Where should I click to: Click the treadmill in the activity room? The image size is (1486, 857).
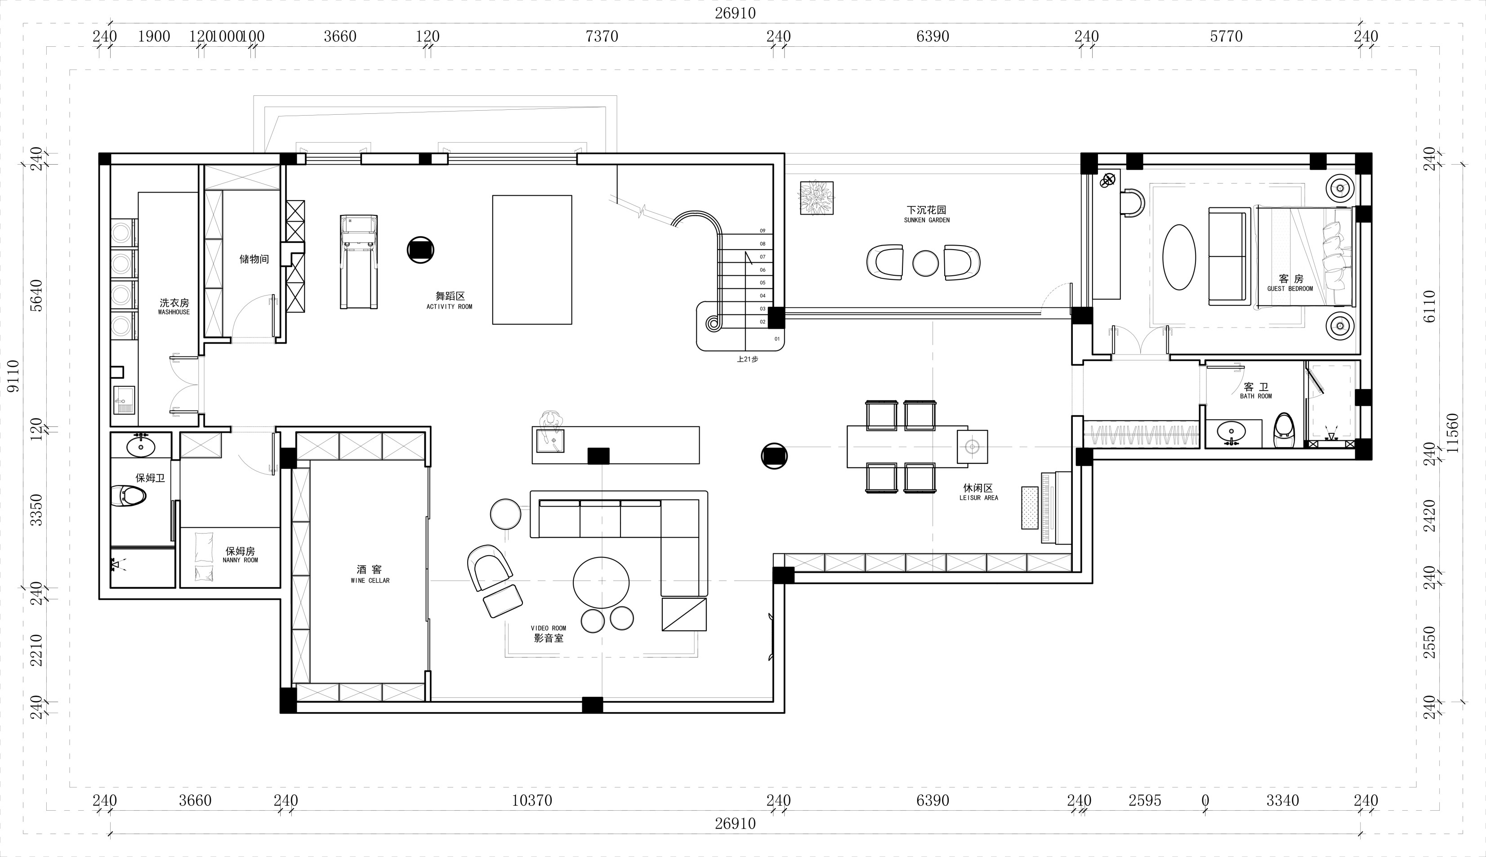coord(359,261)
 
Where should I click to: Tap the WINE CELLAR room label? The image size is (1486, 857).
coord(370,580)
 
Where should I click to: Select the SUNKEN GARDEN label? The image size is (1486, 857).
coord(927,220)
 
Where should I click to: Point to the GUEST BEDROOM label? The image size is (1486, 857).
coord(1290,288)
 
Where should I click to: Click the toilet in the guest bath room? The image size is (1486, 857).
coord(1283,431)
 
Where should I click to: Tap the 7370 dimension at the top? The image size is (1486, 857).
coord(601,36)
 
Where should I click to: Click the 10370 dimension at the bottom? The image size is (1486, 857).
coord(532,800)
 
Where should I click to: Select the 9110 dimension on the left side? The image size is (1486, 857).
coord(13,376)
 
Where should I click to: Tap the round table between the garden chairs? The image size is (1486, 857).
coord(925,263)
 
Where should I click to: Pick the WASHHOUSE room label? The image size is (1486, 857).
coord(174,312)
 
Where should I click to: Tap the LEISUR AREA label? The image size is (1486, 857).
coord(978,498)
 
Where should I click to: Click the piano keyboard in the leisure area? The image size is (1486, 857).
coord(1045,507)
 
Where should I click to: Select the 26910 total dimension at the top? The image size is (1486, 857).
coord(735,13)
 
